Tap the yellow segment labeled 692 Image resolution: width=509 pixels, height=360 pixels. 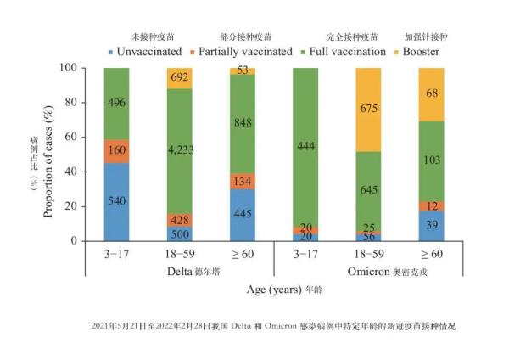(179, 77)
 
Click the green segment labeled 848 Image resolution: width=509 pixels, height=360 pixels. (243, 120)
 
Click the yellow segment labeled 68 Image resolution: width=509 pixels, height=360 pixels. (431, 93)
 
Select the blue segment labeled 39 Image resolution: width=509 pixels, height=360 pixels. (431, 225)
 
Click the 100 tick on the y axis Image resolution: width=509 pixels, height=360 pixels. (84, 68)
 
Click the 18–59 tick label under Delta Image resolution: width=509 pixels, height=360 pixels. (179, 254)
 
